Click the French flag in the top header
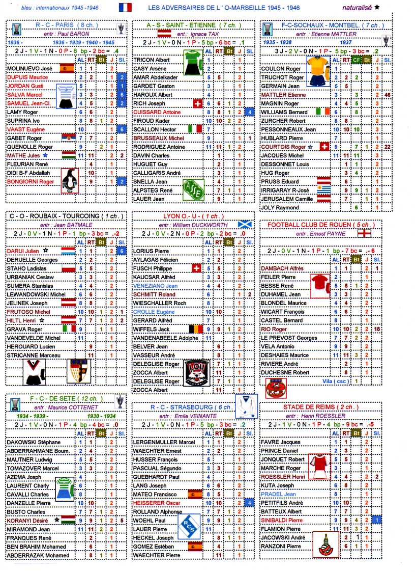tap(125, 7)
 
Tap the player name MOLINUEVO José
tap(29, 68)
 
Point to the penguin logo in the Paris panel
tap(70, 180)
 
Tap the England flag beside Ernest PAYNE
tap(365, 233)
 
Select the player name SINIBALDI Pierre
tap(281, 521)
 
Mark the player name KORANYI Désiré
tap(28, 521)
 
